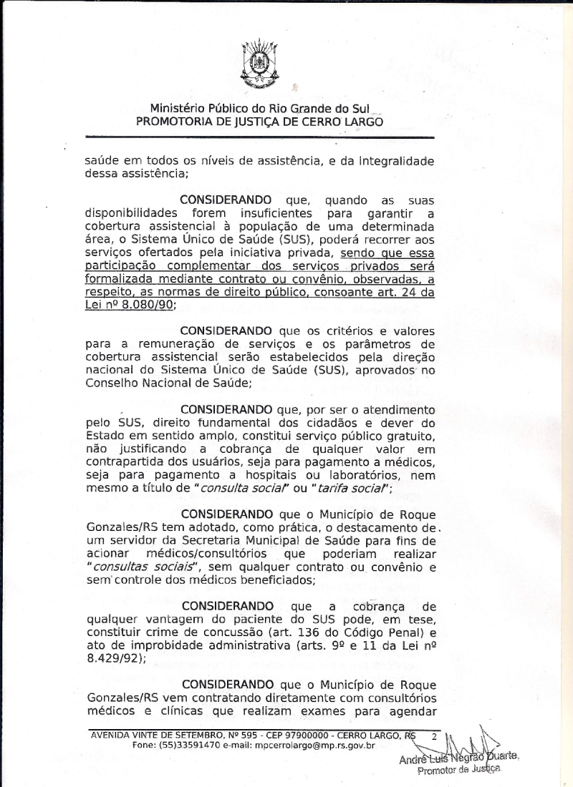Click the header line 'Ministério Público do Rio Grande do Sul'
coord(259,109)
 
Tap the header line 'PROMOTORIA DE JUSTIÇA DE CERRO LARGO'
coord(259,122)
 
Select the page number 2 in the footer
coord(433,735)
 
